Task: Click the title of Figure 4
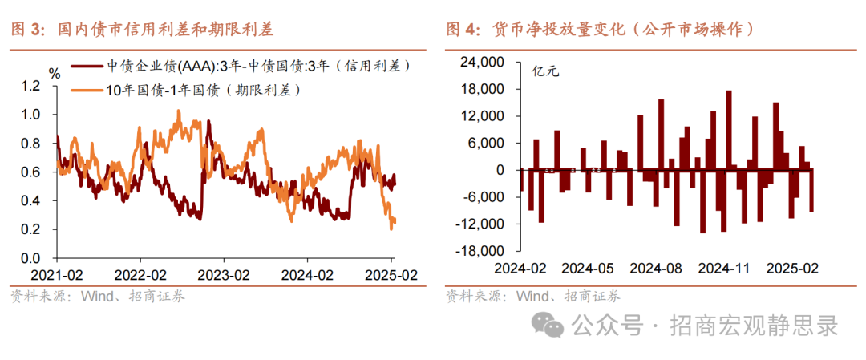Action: point(601,30)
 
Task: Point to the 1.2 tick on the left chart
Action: point(31,86)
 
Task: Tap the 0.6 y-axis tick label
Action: point(31,172)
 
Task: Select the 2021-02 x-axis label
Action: point(57,275)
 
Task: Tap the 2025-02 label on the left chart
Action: point(390,275)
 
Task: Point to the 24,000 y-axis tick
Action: point(484,62)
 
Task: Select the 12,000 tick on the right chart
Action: point(484,116)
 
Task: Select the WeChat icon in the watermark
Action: point(550,325)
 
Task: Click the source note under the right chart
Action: point(532,297)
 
